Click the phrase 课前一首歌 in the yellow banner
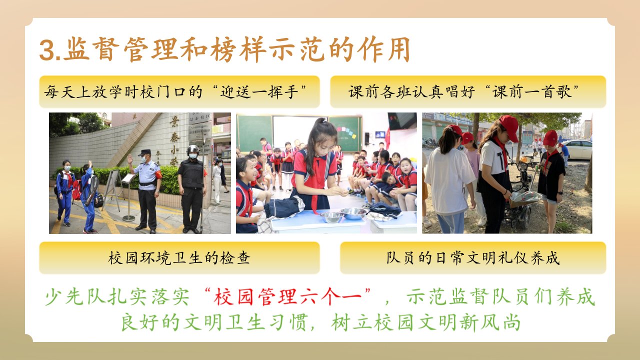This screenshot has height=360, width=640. click(x=531, y=91)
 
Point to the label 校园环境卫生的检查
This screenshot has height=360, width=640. click(x=179, y=257)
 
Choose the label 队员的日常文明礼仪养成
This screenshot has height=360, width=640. click(x=473, y=257)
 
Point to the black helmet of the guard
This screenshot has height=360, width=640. click(x=193, y=149)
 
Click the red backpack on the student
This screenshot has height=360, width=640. click(x=76, y=190)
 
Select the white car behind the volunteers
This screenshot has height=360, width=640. click(x=577, y=149)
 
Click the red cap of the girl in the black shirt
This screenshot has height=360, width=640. click(x=550, y=138)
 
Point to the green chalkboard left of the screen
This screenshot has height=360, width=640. click(x=254, y=133)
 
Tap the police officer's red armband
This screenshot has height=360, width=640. click(x=158, y=174)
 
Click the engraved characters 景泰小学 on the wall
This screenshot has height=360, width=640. click(x=174, y=140)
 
